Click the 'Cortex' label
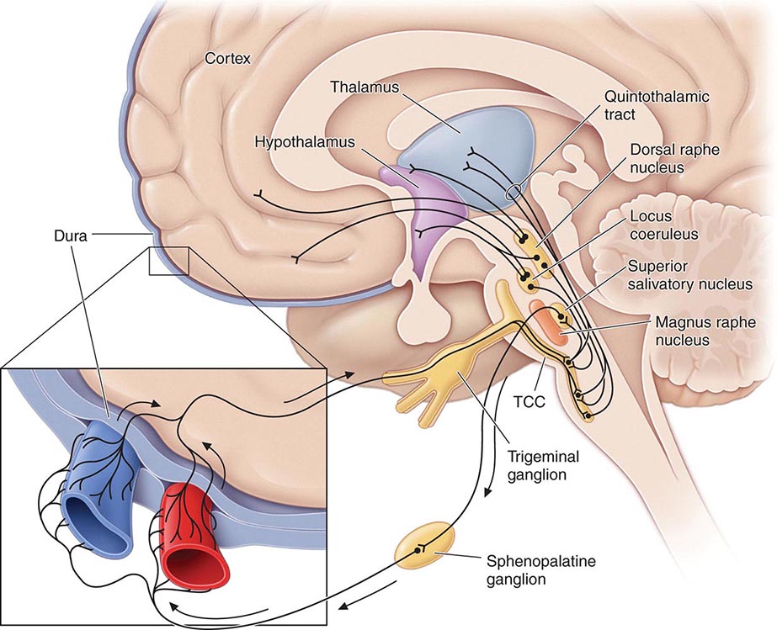pyautogui.click(x=228, y=59)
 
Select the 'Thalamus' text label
pyautogui.click(x=365, y=87)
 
